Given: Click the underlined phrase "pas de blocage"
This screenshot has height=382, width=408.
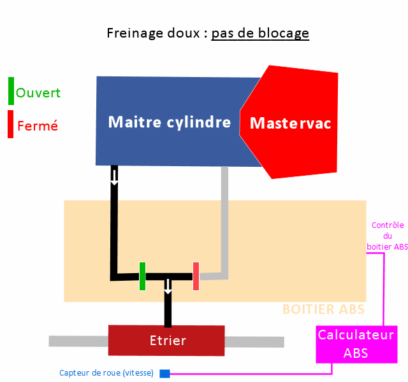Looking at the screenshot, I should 260,32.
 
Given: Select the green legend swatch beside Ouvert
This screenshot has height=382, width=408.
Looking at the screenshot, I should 11,91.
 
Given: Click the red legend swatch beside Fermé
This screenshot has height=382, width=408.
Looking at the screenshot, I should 11,124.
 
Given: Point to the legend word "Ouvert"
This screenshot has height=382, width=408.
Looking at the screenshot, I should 38,92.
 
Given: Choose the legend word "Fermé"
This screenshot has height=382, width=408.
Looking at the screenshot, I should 38,126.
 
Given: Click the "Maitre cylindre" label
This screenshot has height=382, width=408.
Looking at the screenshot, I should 169,122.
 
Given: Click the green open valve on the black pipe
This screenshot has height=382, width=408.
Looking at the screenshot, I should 143,276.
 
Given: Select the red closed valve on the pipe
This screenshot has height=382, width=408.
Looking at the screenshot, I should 196,276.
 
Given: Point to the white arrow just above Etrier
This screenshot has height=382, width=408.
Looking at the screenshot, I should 168,286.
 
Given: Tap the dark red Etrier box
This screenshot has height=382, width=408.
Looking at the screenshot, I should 166,341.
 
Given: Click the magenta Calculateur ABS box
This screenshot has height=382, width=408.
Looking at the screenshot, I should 356,344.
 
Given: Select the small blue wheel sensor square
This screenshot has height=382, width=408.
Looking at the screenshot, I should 164,373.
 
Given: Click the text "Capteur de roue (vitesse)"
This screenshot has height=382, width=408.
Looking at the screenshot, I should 106,373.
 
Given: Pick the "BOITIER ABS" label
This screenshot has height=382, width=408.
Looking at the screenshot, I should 323,309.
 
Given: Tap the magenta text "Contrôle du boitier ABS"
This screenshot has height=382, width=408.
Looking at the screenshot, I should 387,236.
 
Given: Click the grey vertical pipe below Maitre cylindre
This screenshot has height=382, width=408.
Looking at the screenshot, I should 224,216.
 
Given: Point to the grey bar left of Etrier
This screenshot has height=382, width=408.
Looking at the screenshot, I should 78,341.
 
